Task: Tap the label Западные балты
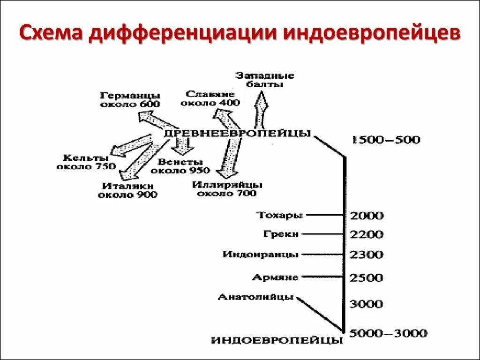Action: [x=264, y=80]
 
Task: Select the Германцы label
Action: [x=130, y=99]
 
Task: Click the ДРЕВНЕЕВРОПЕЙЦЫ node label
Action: [x=237, y=133]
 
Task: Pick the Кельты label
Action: [x=85, y=162]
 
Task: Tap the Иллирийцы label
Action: [x=227, y=188]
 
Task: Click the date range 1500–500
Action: [x=386, y=140]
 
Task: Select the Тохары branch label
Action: [x=280, y=215]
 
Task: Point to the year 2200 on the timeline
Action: [x=367, y=234]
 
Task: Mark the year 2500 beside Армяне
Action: [x=367, y=277]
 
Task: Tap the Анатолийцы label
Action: [x=256, y=297]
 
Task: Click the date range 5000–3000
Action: [x=388, y=333]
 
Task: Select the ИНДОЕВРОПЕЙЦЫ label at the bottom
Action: [x=277, y=340]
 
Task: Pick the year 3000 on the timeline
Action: [x=367, y=304]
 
